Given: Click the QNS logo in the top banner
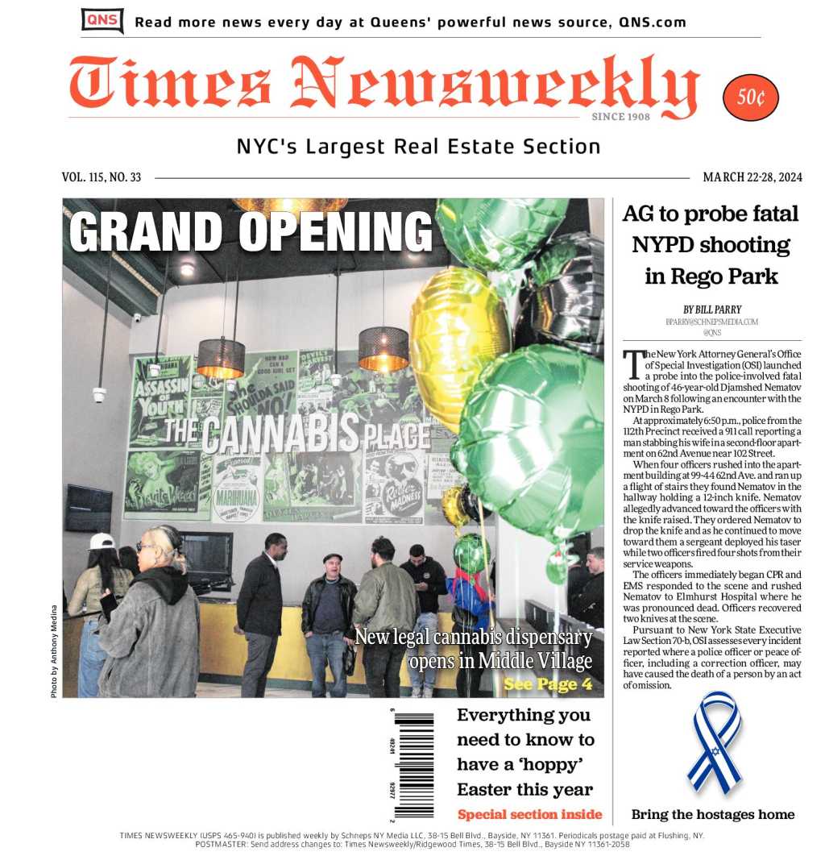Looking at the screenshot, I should pyautogui.click(x=102, y=20).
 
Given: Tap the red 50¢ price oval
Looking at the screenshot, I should pyautogui.click(x=751, y=98).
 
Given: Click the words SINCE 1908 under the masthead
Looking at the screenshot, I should pyautogui.click(x=620, y=117).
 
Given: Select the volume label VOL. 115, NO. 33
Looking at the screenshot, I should pyautogui.click(x=102, y=177).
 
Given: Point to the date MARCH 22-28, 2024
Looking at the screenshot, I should pyautogui.click(x=752, y=177).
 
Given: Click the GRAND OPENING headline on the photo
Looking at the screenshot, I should pyautogui.click(x=251, y=231).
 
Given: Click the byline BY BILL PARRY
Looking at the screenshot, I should pyautogui.click(x=711, y=310).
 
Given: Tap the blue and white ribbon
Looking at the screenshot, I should pyautogui.click(x=714, y=742).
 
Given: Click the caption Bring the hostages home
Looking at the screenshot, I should pyautogui.click(x=712, y=814).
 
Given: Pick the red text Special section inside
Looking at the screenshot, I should pyautogui.click(x=529, y=813).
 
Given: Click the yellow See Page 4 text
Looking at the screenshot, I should pyautogui.click(x=548, y=684).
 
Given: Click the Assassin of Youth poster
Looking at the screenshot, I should pyautogui.click(x=160, y=401).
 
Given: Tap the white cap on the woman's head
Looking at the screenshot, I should pyautogui.click(x=102, y=541).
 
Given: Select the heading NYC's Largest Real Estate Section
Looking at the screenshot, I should pyautogui.click(x=418, y=147).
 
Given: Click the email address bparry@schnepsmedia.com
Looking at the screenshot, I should pyautogui.click(x=711, y=322).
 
